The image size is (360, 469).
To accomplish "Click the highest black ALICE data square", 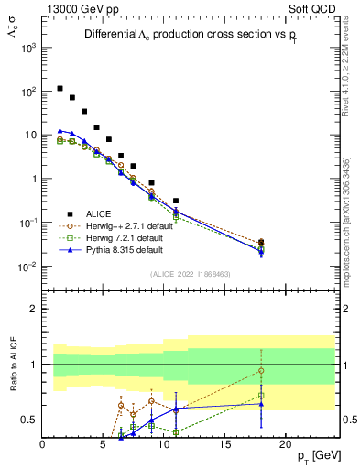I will [60, 89].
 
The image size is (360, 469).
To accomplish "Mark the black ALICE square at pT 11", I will [176, 201].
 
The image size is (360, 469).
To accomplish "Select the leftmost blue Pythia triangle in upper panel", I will [60, 131].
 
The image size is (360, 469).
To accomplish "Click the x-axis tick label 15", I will [224, 444].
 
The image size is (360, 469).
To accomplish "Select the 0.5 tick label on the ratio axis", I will [29, 420].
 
